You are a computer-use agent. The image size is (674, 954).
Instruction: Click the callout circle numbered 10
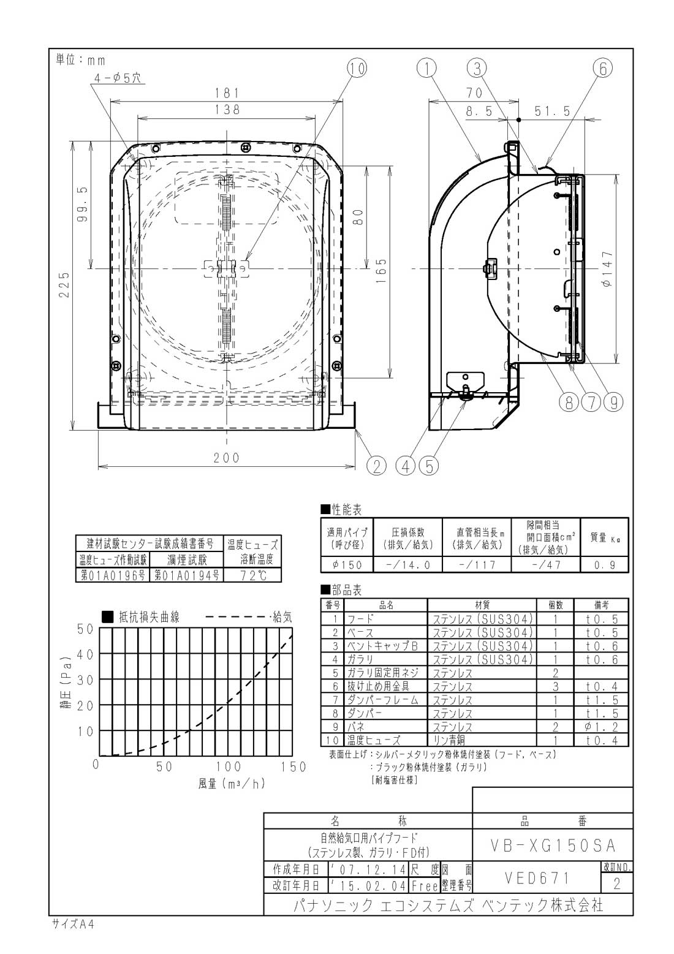point(357,68)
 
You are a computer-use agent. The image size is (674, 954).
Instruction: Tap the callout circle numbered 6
point(603,68)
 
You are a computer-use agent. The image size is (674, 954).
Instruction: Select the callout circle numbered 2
point(376,466)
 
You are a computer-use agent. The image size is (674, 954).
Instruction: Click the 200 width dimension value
point(227,457)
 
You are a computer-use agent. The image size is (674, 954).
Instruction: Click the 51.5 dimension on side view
point(552,111)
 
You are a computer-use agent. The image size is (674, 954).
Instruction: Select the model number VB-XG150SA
point(553,845)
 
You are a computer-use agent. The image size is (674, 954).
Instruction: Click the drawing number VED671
point(537,878)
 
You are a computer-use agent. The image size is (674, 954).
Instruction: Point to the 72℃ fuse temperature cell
point(252,575)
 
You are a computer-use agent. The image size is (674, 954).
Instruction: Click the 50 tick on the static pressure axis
point(85,629)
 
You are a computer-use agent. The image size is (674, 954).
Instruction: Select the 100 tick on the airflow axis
point(228,766)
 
